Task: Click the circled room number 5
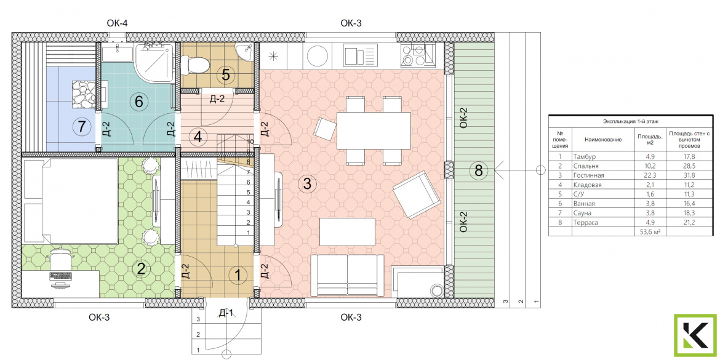(x=225, y=74)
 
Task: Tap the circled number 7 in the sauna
(x=82, y=126)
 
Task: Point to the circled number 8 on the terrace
(x=479, y=171)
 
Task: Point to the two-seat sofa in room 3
(x=347, y=275)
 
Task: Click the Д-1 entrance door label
(x=226, y=314)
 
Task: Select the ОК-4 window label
(x=117, y=23)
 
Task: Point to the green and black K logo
(x=695, y=335)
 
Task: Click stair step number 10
(x=250, y=142)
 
